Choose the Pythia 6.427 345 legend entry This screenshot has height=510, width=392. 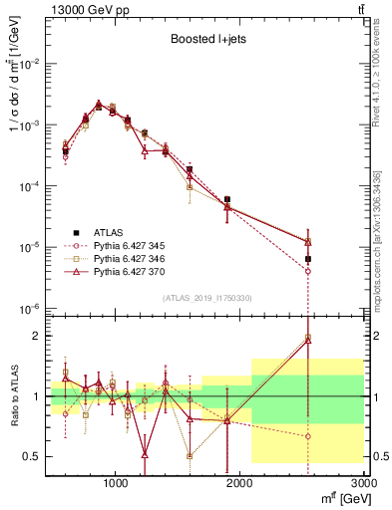pos(120,244)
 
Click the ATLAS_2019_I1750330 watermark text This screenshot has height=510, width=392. pos(206,297)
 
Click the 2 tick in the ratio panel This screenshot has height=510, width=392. pos(36,336)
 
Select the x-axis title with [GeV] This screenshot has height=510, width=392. pos(340,498)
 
